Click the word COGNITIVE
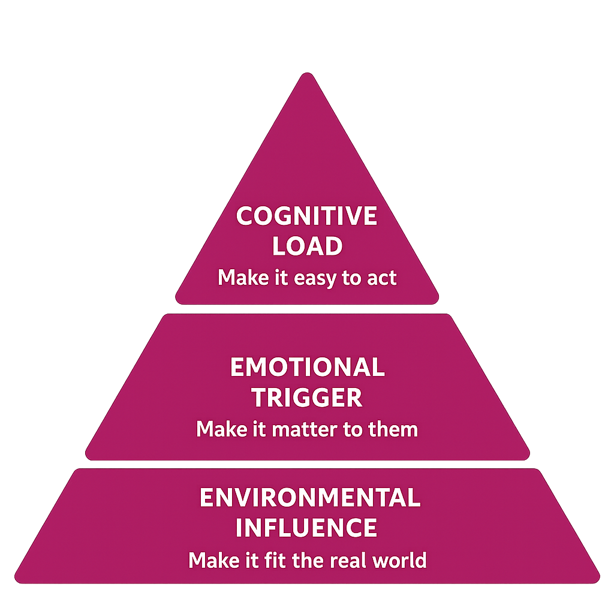click(306, 216)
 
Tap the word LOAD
click(307, 246)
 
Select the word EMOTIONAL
click(307, 367)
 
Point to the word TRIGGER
click(307, 398)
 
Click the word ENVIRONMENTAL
click(310, 498)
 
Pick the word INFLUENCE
click(306, 528)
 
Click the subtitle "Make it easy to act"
click(307, 278)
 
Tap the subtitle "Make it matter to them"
click(307, 429)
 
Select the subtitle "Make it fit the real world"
click(307, 560)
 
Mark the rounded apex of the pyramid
click(307, 76)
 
